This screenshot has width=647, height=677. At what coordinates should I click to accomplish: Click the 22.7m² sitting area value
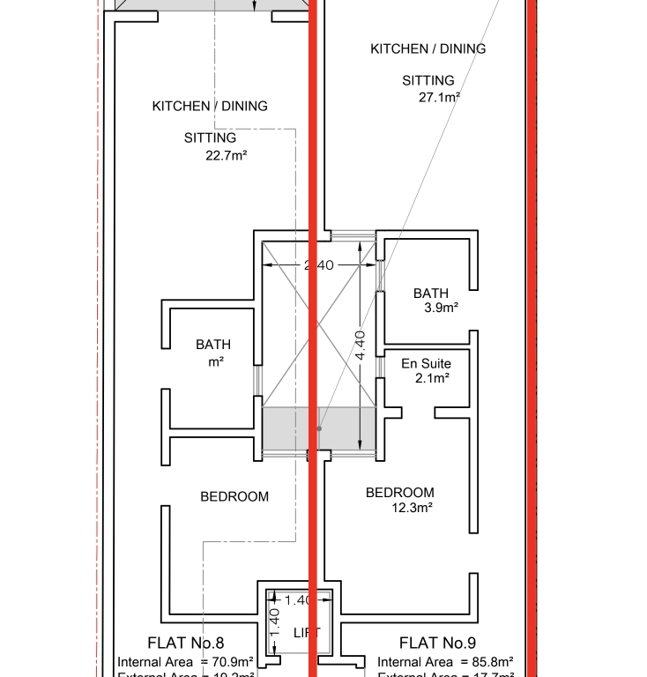pos(226,156)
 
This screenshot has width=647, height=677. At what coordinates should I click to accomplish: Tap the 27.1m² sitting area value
pos(440,97)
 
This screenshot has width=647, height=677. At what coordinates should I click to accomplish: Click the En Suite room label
pos(427,363)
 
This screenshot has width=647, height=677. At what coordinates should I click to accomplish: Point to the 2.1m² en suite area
pos(432,378)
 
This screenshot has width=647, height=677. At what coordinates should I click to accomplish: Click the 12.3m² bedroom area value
pos(412,507)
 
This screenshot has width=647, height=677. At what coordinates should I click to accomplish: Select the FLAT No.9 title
pos(438,643)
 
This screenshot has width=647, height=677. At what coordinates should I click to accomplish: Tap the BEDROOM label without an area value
pos(234,496)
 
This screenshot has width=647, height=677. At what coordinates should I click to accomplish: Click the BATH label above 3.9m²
pos(431,293)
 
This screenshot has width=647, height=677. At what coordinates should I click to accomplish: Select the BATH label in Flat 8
pos(213,345)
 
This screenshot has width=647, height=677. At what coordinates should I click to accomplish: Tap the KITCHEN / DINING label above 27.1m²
pos(428,48)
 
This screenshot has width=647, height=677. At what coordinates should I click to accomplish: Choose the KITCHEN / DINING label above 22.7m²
pos(210,106)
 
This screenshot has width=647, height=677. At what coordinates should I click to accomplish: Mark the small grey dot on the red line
pos(320,428)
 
